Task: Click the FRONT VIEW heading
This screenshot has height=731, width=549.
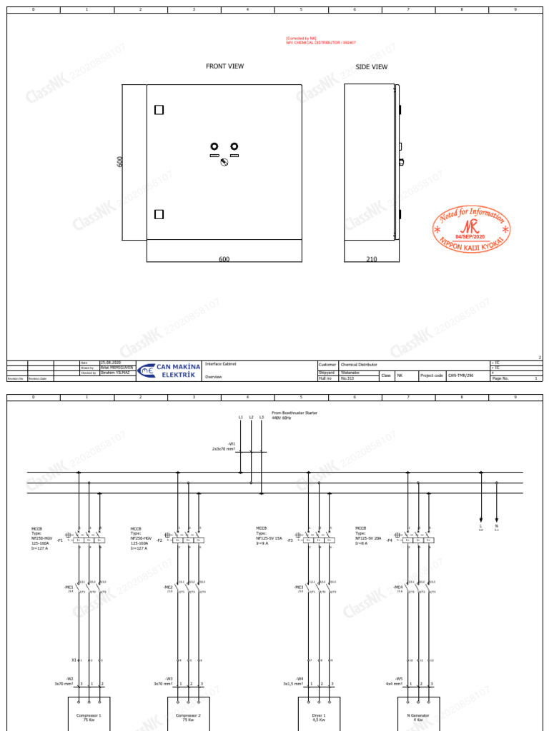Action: pos(224,66)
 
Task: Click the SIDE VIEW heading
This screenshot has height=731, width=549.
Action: pos(372,67)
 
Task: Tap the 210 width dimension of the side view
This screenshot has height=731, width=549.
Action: pos(372,259)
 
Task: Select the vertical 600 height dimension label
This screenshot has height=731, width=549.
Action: pos(121,162)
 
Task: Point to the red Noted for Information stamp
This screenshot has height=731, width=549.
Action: pos(472,231)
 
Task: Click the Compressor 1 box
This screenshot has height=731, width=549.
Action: pos(89,717)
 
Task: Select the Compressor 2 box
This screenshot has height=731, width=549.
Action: pos(189,717)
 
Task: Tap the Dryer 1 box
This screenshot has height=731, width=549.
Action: pos(320,717)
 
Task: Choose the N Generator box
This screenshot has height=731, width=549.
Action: pos(418,717)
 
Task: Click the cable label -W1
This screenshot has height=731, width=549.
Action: pos(232,443)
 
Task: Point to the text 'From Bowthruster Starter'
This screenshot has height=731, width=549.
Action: pos(295,413)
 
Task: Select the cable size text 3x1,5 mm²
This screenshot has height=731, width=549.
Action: pos(293,684)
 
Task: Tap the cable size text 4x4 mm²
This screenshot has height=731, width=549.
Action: pos(395,684)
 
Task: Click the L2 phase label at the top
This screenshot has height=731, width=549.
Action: pos(251,417)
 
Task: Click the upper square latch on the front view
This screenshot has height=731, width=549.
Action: pos(159,110)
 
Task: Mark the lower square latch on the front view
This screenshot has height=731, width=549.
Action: pos(159,214)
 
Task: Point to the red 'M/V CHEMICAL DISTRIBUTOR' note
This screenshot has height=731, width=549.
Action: pos(321,43)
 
